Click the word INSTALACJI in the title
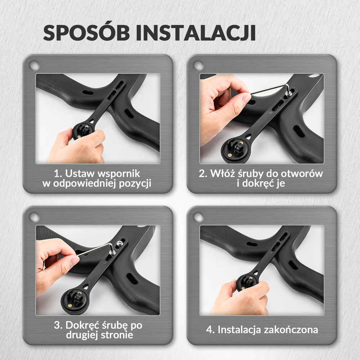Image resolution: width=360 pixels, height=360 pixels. (x=196, y=33)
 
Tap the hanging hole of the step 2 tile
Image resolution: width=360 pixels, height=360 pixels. (x=198, y=66)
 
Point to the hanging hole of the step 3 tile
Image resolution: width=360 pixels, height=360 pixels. (x=35, y=217)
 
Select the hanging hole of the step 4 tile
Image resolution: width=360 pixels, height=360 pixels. (x=198, y=217)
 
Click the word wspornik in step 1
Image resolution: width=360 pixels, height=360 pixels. (x=119, y=174)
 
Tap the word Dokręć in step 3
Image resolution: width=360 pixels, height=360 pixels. (x=82, y=325)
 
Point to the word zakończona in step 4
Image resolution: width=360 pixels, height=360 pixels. (x=291, y=330)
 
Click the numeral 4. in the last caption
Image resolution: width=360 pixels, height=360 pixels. (x=210, y=330)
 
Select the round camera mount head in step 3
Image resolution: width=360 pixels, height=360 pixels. (x=74, y=301)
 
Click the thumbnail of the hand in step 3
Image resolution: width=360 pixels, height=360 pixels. (x=75, y=261)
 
